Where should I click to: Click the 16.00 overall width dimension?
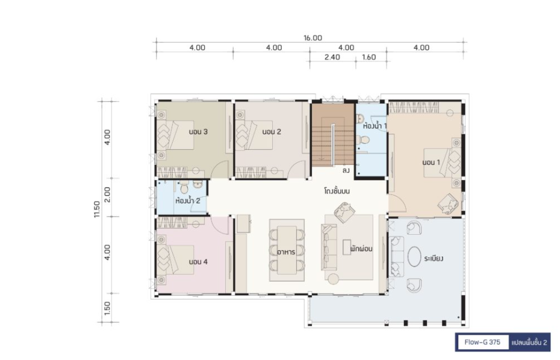tap(313, 38)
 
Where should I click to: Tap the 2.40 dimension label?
tap(332, 57)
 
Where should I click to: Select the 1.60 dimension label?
tap(369, 57)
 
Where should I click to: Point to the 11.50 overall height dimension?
tap(97, 209)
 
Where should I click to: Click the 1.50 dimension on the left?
tap(107, 309)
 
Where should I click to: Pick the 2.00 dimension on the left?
tap(107, 194)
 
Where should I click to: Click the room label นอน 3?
tap(198, 132)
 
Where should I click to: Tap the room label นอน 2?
tap(272, 132)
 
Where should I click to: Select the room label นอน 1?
tap(431, 163)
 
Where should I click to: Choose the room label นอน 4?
tap(198, 262)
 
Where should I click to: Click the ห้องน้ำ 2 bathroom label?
tap(187, 200)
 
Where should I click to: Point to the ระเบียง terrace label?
tap(434, 258)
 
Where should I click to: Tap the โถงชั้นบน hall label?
tap(337, 191)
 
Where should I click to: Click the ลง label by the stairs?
tap(346, 171)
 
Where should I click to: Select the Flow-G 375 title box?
tap(482, 342)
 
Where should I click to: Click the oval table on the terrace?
tap(414, 256)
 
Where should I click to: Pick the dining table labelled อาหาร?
tap(287, 250)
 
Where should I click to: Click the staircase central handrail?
tap(333, 144)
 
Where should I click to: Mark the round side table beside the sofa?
tap(334, 279)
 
